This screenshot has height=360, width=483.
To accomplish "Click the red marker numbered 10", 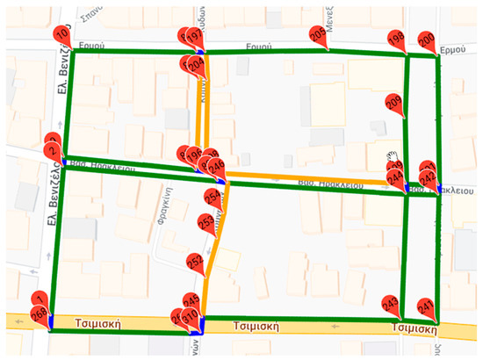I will coord(61,34).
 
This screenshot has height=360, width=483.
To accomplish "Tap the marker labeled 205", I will coord(317,34).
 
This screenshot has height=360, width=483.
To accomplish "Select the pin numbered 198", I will coord(396,40).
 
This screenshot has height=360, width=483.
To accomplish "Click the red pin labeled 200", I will coord(426,41).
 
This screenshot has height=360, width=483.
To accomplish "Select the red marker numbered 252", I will coord(196,262).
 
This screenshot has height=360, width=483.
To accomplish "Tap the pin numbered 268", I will coord(40,315).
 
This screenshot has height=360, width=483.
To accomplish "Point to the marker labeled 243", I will coord(391,306).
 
